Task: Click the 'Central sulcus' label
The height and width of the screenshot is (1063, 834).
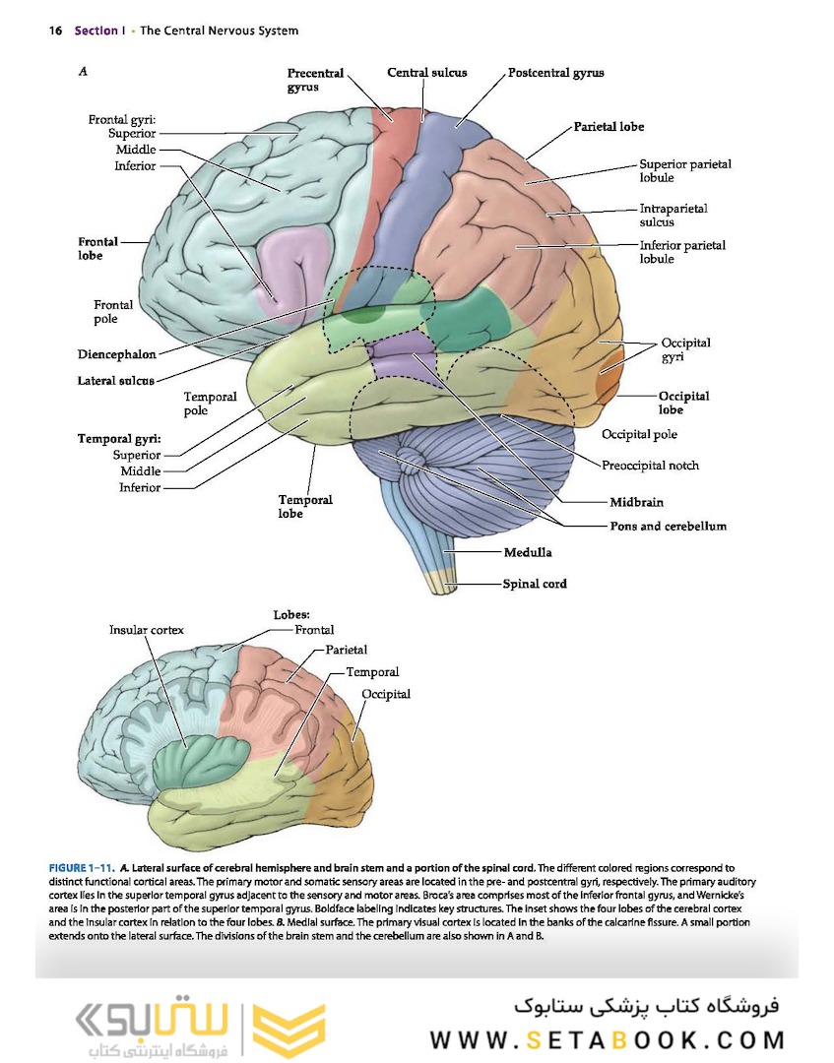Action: (426, 73)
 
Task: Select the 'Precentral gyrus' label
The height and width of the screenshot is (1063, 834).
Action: (315, 80)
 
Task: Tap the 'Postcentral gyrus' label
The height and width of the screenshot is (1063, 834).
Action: (556, 73)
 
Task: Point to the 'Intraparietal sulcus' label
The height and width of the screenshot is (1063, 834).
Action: (673, 216)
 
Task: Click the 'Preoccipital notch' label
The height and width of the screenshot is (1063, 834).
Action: (650, 465)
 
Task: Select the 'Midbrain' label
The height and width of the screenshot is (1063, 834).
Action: (636, 502)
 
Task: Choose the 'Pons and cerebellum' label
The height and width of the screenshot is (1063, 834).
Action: (668, 526)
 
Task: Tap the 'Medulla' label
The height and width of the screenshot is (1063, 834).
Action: (528, 553)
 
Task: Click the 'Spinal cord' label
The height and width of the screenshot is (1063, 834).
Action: (535, 583)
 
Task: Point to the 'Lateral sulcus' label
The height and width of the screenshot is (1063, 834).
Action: (115, 381)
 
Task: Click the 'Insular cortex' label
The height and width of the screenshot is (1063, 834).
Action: (146, 630)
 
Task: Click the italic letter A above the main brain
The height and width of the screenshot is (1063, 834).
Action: (83, 71)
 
